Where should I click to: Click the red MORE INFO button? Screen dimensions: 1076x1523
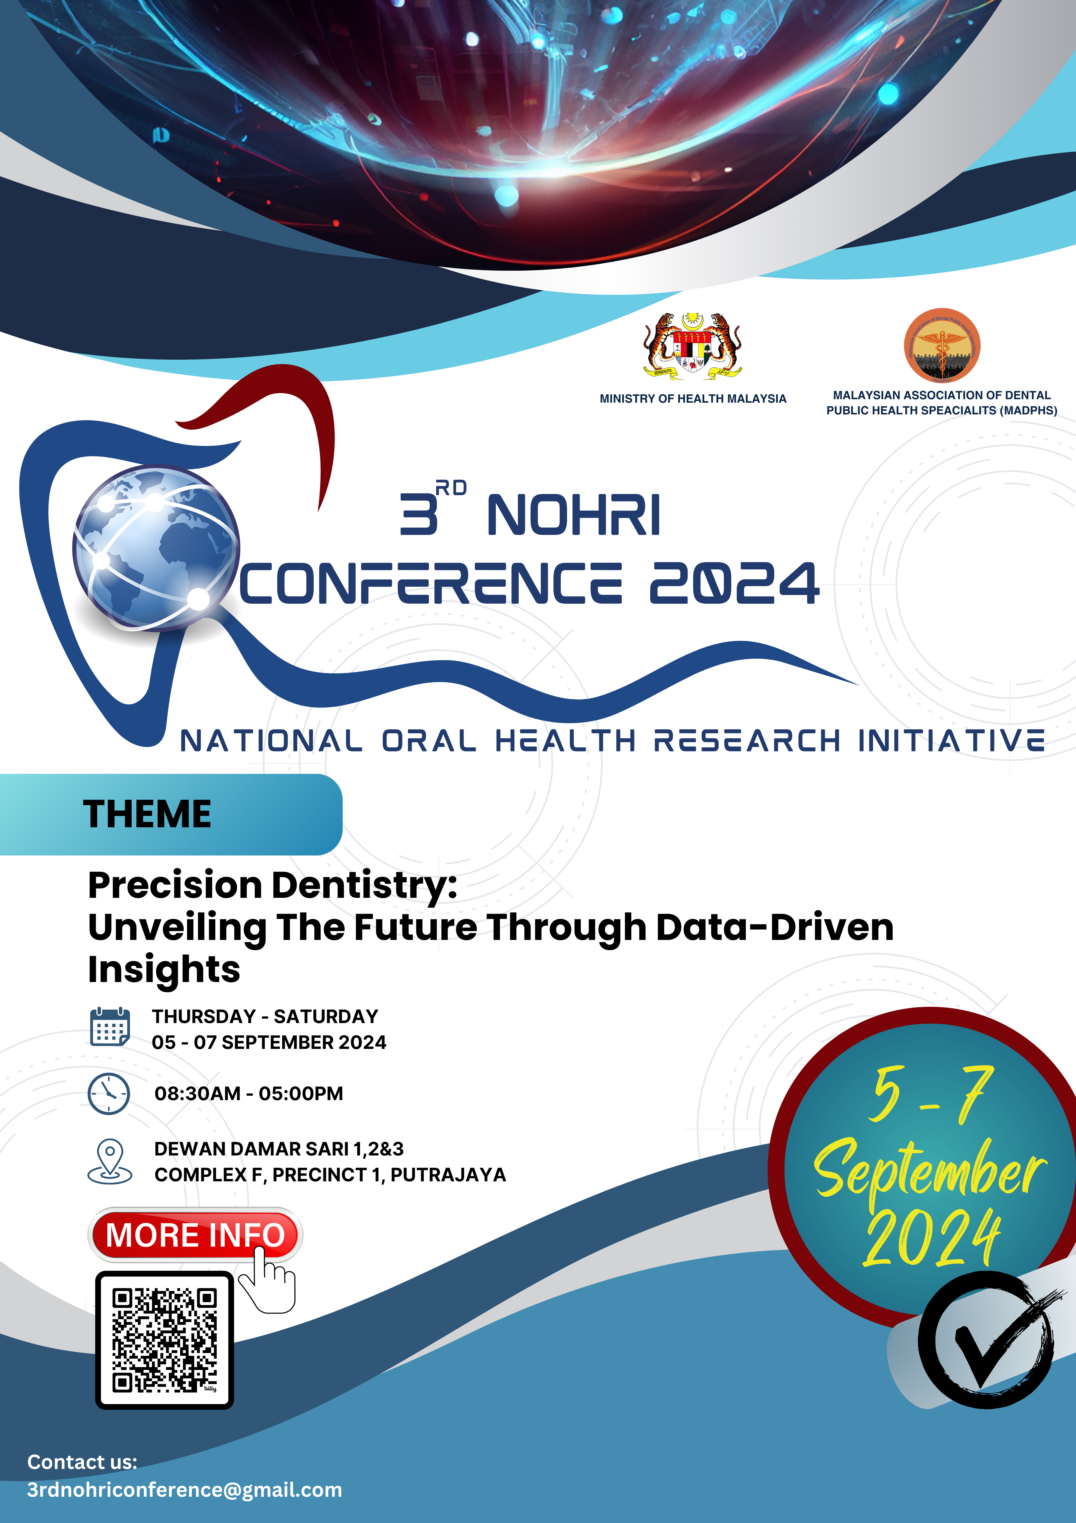(195, 1235)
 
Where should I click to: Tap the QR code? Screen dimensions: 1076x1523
(164, 1339)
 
